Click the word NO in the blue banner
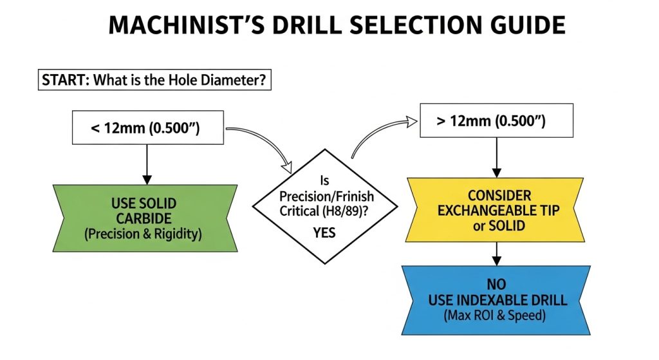(x=496, y=283)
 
